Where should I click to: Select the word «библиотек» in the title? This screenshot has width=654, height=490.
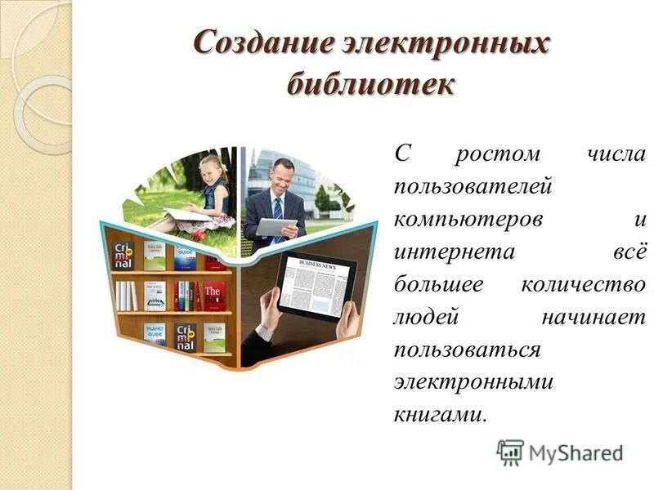click(370, 82)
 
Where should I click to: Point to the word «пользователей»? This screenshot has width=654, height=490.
click(473, 187)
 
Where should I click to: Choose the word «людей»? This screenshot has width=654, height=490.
click(421, 318)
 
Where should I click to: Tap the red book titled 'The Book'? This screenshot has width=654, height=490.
click(214, 295)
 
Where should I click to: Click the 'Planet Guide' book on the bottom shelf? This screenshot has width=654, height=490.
click(155, 333)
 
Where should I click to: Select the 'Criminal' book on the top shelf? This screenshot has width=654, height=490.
click(123, 256)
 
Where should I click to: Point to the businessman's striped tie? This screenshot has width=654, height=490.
click(277, 210)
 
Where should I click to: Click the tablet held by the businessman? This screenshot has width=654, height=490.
click(275, 226)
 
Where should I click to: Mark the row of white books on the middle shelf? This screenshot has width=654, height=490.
click(126, 295)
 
